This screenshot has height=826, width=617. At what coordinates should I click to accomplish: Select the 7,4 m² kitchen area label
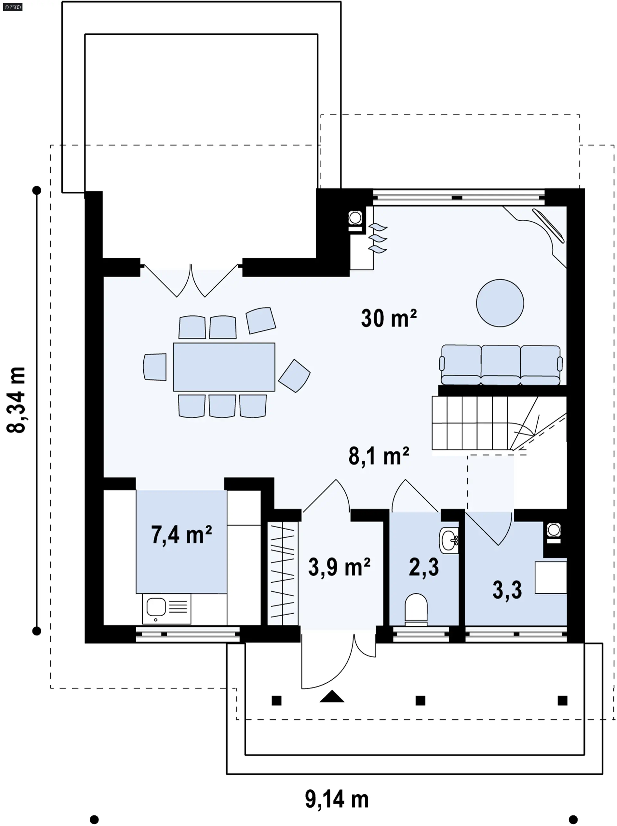[181, 534]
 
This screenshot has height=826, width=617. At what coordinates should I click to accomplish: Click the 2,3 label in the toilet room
[424, 567]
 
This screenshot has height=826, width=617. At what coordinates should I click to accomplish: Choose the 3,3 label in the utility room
[507, 589]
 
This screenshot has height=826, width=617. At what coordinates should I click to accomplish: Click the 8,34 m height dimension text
[16, 400]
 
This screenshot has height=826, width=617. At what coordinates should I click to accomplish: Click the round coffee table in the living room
[500, 303]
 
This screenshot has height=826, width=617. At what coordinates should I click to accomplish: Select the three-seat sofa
[501, 365]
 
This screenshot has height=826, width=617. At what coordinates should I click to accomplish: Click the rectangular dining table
[224, 367]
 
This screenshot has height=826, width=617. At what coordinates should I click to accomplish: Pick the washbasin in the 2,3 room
[449, 540]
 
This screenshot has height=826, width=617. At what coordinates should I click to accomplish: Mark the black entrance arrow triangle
[332, 696]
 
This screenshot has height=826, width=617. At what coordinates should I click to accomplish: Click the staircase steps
[499, 423]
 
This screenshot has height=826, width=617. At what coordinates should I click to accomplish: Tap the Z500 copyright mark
[13, 7]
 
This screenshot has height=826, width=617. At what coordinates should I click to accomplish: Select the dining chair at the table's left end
[155, 367]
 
